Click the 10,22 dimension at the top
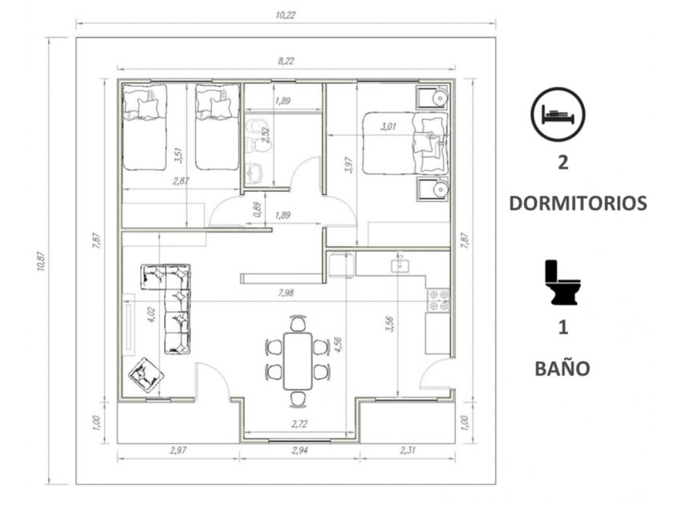285,15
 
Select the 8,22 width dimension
286,61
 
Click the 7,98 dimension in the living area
286,293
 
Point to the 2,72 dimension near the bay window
299,424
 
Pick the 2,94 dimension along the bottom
299,450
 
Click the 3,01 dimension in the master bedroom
389,127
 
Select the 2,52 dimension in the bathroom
266,135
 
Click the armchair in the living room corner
146,375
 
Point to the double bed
405,143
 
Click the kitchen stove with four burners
438,301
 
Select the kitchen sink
400,265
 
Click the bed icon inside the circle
558,115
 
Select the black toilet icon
561,282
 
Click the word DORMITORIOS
578,203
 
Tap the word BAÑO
562,368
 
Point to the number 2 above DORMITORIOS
562,162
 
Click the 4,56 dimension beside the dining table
338,345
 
